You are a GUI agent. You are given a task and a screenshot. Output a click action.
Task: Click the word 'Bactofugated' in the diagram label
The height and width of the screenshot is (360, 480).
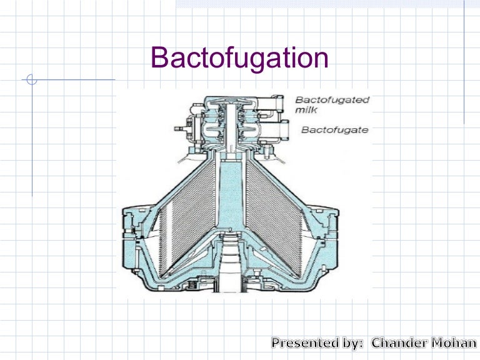pyautogui.click(x=332, y=99)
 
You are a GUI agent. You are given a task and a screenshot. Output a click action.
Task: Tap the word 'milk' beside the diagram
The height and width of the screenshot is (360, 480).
pyautogui.click(x=307, y=110)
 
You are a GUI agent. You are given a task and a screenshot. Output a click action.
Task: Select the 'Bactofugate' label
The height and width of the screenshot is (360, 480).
pyautogui.click(x=334, y=130)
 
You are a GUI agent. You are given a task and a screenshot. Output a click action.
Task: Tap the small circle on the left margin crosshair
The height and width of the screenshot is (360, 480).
pyautogui.click(x=32, y=80)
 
